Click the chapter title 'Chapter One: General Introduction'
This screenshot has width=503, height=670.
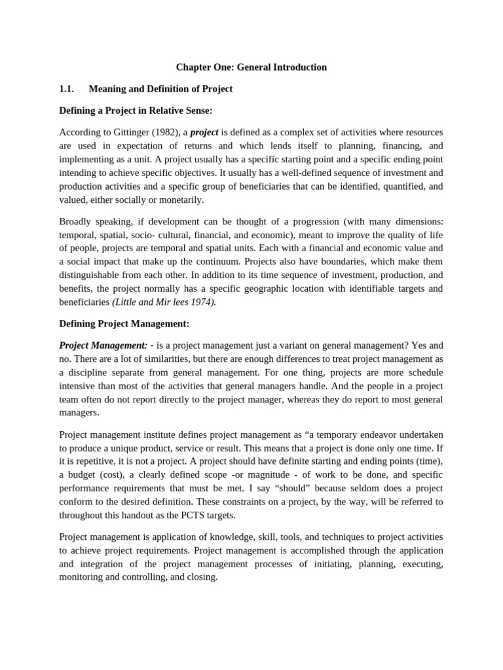tap(251, 67)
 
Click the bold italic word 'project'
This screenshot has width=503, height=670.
tap(204, 132)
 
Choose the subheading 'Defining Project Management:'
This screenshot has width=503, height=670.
tap(124, 323)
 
